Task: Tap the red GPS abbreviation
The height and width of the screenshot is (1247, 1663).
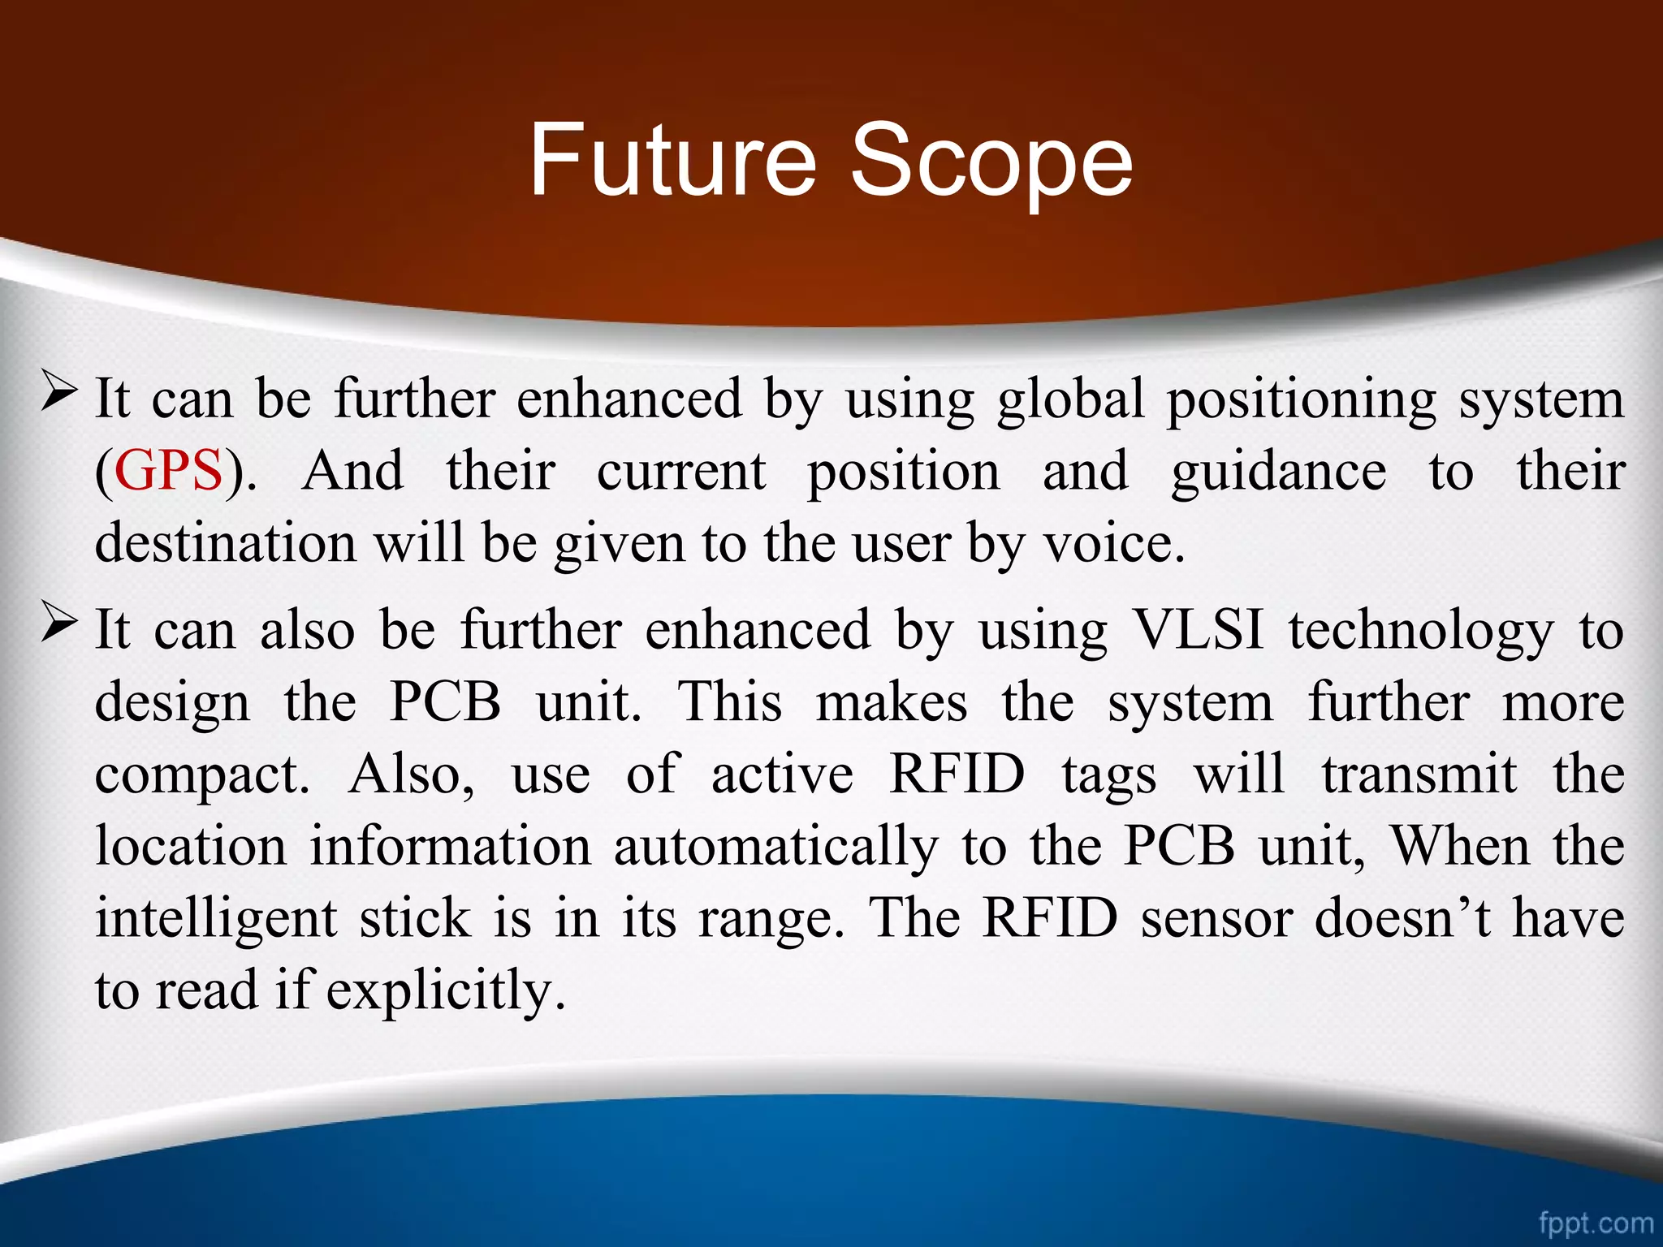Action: pos(168,471)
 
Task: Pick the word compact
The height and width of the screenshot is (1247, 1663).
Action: pos(201,775)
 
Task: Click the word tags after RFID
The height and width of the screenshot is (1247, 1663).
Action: pos(1109,775)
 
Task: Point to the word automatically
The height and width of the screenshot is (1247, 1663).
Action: pos(775,847)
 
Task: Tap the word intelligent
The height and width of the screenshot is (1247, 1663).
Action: pos(216,919)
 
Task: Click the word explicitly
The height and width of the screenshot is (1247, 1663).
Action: pos(445,990)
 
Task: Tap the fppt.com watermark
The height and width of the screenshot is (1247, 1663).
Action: pos(1596,1222)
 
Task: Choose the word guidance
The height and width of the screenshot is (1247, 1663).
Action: pos(1278,471)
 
